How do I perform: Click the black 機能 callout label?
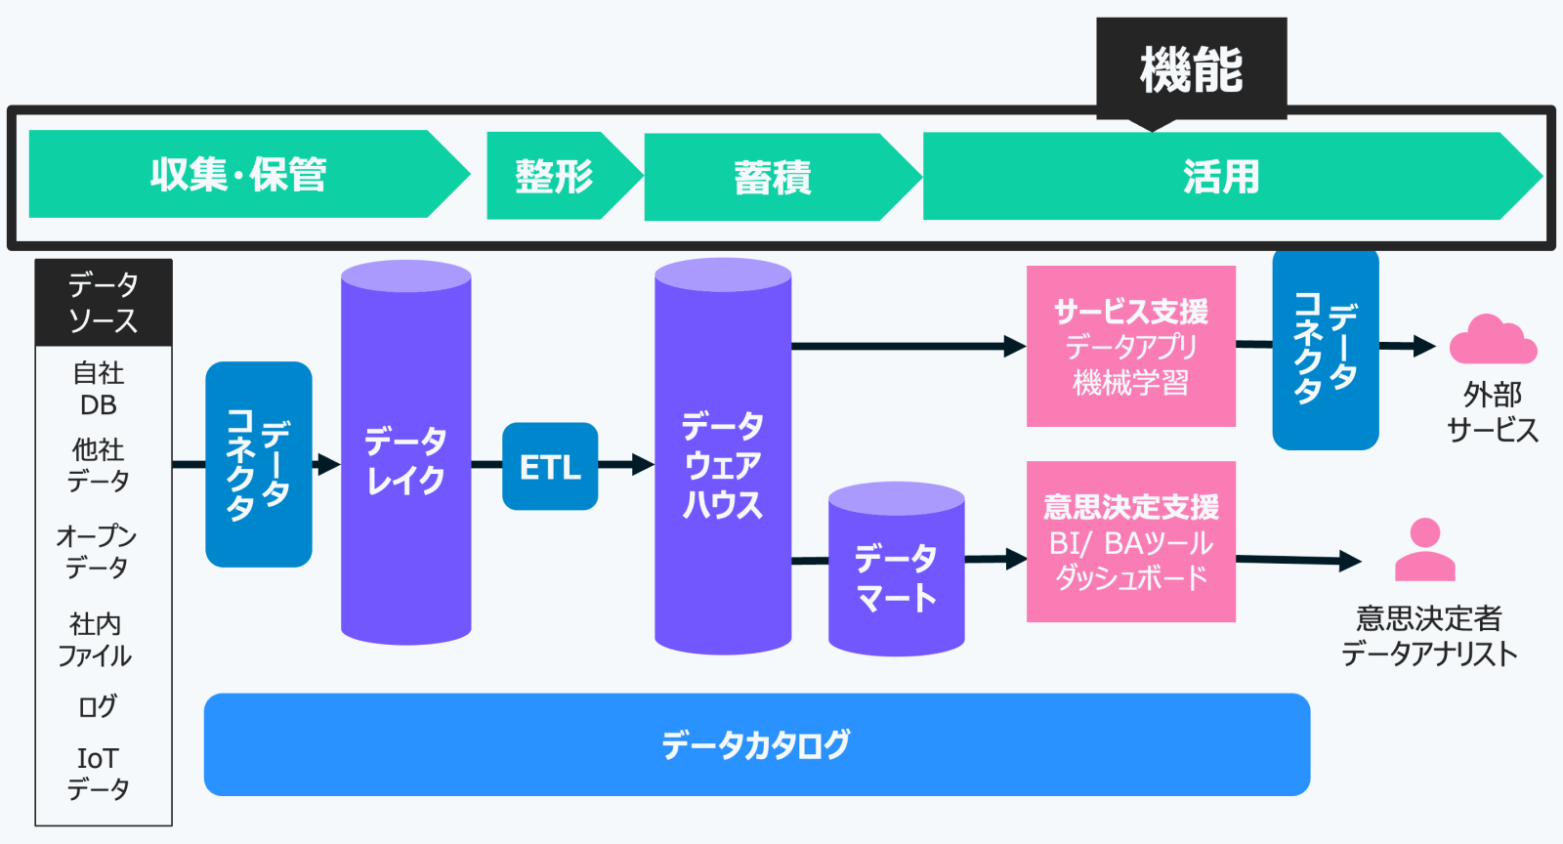coord(1191,69)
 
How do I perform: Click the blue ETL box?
coord(550,466)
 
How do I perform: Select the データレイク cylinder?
coord(406,452)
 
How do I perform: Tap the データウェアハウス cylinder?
coord(723,456)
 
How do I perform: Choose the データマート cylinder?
coord(897,570)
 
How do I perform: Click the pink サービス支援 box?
coord(1131,346)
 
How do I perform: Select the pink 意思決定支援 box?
coord(1131,541)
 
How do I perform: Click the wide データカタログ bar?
coord(757,744)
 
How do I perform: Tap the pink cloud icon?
coord(1494,340)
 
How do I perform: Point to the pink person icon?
coord(1425,550)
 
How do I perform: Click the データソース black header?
coord(104,303)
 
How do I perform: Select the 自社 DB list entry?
coord(99,389)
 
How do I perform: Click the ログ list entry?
coord(97,706)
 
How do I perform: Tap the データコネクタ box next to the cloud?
coord(1326,349)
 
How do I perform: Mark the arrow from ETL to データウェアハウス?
coord(626,465)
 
